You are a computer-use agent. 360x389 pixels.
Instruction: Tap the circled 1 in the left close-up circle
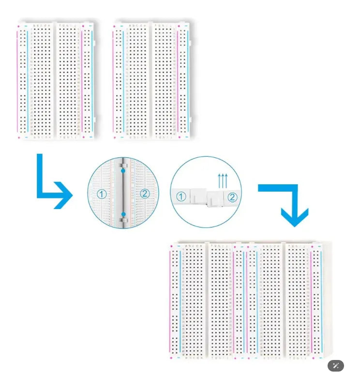pos(101,194)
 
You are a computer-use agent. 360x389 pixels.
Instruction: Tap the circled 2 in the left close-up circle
pos(145,194)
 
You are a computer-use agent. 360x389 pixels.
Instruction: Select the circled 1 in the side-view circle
pos(181,197)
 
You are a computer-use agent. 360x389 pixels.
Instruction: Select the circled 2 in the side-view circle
pos(232,197)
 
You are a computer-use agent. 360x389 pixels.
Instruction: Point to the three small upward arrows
pos(223,181)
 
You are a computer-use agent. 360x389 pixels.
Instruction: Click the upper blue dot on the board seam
pos(123,171)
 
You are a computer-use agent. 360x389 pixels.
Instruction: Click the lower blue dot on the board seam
pos(123,214)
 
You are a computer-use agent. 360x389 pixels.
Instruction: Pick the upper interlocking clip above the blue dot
pos(123,165)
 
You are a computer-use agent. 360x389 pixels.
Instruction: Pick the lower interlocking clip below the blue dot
pos(123,220)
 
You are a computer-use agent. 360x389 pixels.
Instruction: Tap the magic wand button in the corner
pos(336,366)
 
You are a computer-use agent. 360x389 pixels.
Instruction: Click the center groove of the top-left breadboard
pos(55,81)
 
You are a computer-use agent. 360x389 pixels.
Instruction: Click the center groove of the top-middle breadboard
pos(150,81)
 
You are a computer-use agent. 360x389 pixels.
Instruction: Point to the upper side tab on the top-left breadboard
pos(95,43)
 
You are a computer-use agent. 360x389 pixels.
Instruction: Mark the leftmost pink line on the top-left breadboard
pos(17,82)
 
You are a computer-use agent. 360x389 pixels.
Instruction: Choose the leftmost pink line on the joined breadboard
pos(170,302)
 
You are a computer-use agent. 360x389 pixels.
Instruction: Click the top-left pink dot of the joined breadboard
pos(171,246)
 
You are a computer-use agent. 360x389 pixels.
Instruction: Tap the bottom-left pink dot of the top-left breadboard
pos(18,137)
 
